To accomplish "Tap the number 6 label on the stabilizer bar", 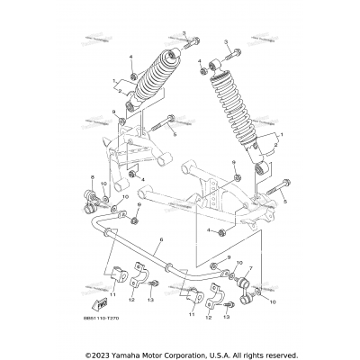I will click(x=160, y=241).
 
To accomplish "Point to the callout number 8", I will click(x=91, y=179).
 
